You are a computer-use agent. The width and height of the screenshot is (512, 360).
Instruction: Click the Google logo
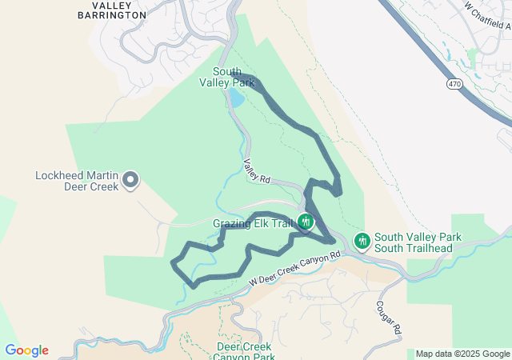click(x=26, y=350)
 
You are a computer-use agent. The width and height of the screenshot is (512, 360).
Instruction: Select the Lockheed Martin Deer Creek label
click(x=77, y=181)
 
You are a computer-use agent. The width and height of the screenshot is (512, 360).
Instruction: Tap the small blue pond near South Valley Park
click(x=236, y=98)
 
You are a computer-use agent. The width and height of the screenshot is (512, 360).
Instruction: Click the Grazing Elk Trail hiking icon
click(x=305, y=222)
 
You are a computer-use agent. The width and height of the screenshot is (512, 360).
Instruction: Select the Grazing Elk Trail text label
click(x=252, y=223)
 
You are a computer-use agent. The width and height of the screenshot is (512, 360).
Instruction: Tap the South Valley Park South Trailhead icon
click(x=362, y=240)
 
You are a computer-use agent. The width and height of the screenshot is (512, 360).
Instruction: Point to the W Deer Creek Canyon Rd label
click(x=294, y=268)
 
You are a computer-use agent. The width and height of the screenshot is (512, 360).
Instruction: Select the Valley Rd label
click(x=258, y=170)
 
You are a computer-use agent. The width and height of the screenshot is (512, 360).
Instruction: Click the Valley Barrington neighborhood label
click(x=113, y=10)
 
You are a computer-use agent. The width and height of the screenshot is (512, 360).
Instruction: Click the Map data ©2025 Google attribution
click(x=462, y=354)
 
